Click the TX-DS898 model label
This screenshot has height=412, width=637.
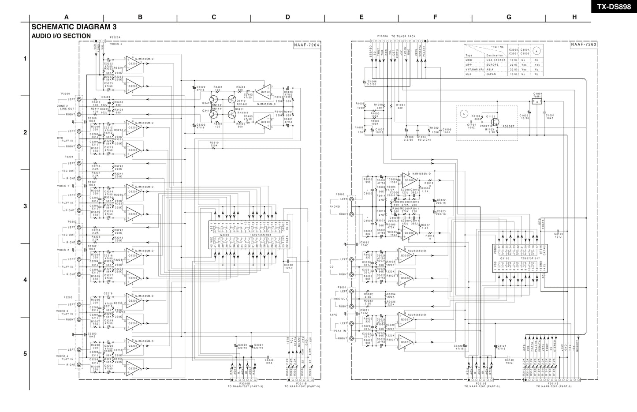[614, 6]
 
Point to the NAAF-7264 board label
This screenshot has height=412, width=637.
[306, 45]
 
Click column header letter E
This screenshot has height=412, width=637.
[361, 17]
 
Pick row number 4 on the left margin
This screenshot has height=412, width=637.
[25, 280]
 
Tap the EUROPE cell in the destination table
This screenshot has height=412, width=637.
[493, 65]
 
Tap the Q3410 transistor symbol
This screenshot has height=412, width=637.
[231, 100]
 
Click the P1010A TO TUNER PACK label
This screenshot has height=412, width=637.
[396, 36]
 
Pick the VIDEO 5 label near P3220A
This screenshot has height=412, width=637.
[116, 44]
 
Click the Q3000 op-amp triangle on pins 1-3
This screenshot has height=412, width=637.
[409, 181]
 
